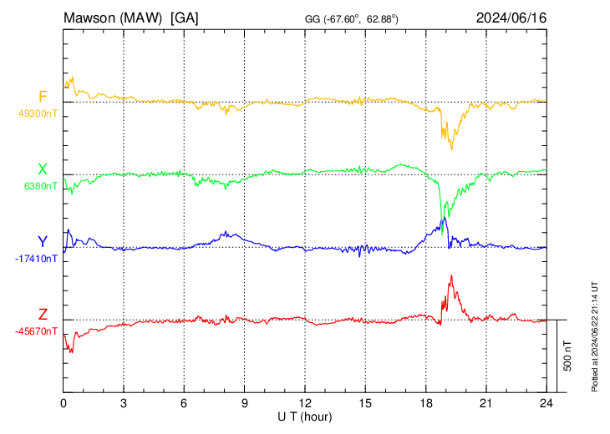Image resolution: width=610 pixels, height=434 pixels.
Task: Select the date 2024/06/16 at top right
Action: (511, 18)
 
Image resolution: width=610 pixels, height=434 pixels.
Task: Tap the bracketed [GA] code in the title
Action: (184, 18)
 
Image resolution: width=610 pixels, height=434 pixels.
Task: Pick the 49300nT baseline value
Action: (36, 114)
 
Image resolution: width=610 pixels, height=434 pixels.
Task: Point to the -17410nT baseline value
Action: (36, 259)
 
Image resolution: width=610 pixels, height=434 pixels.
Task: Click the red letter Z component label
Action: (43, 315)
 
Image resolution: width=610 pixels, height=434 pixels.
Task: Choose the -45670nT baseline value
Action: (36, 331)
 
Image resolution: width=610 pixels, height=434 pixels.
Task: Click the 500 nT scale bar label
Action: (567, 356)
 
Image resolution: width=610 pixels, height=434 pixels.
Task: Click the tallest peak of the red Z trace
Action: (451, 276)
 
